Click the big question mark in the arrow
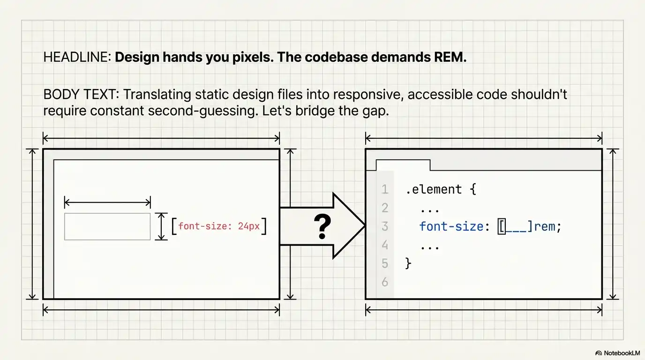(x=322, y=227)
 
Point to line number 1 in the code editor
(x=385, y=189)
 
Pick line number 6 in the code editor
(x=385, y=282)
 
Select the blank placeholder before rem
(x=516, y=227)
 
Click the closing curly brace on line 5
(x=408, y=263)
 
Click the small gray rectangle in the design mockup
(x=107, y=226)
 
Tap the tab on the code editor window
(x=403, y=165)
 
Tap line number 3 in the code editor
(x=385, y=227)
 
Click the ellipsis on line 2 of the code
(x=429, y=208)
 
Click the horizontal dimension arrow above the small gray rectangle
(x=107, y=202)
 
